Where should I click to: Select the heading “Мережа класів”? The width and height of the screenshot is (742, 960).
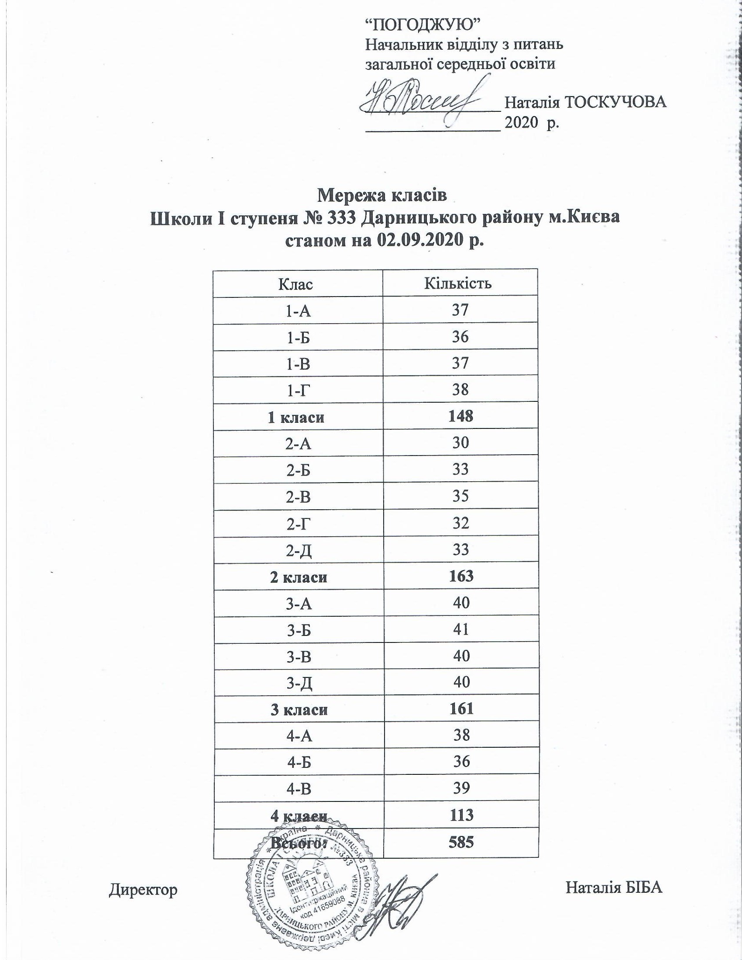tap(382, 195)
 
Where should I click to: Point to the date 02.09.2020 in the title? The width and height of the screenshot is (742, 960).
tap(422, 241)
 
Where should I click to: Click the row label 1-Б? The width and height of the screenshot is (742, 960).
tap(297, 338)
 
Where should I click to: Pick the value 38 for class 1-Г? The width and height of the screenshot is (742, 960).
tap(460, 390)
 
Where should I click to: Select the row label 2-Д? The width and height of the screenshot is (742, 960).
tap(298, 550)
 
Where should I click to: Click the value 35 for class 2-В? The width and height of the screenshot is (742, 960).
tap(460, 496)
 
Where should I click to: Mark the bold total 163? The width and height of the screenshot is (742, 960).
tap(460, 576)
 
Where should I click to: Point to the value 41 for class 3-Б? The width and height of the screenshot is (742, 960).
tap(460, 630)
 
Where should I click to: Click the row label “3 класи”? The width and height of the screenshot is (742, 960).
tap(297, 709)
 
